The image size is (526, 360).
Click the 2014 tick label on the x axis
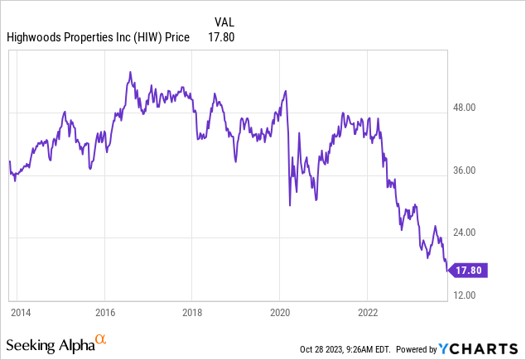(x=21, y=312)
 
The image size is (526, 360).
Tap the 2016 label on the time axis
(x=104, y=312)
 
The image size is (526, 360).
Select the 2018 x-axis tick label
(x=191, y=312)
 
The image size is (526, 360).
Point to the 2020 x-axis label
(x=279, y=312)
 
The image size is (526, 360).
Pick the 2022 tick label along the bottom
(x=367, y=312)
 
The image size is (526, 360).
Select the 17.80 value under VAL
(x=222, y=36)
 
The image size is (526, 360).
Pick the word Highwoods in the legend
(x=34, y=36)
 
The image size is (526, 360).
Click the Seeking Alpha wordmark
(x=49, y=343)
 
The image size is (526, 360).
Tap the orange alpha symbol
(x=100, y=339)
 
